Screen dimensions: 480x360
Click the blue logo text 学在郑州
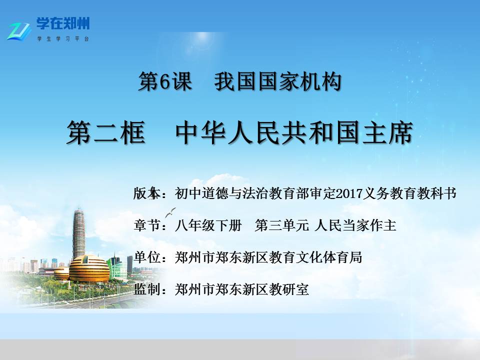63,23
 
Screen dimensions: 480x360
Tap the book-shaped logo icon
19,31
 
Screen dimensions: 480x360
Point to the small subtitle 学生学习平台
63,39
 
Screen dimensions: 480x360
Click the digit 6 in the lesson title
164,81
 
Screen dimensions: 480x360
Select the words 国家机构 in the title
300,81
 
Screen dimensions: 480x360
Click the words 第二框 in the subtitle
106,132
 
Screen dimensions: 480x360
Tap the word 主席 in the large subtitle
388,132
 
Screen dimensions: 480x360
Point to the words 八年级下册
208,225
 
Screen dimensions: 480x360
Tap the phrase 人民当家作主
355,225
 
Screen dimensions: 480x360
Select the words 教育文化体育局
315,257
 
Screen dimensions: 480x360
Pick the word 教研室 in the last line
288,289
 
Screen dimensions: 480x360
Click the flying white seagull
170,212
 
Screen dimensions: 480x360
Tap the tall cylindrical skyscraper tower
78,233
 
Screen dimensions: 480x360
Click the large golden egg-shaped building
89,269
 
